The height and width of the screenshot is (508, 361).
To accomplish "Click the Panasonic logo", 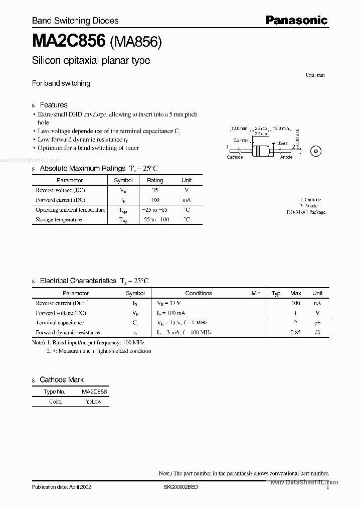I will point(296,20).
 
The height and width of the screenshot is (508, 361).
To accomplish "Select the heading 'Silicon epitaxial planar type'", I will point(91,61).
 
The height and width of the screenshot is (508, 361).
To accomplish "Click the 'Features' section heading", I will point(53,105).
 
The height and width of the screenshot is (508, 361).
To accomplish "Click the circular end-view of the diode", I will point(316,150).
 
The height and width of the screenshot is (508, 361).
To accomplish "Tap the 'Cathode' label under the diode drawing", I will point(235,157).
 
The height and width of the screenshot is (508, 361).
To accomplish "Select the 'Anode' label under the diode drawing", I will point(286,157).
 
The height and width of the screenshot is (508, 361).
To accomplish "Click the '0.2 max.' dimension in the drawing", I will point(241,140).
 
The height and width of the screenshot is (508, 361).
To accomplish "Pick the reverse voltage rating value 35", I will point(155,190).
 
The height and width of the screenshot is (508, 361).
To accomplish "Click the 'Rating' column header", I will point(155,180).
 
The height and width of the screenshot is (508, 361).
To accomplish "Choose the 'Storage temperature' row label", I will point(59,219).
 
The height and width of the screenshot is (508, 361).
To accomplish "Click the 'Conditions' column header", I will point(199,293).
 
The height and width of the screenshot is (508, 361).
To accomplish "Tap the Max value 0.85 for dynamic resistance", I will point(296,332).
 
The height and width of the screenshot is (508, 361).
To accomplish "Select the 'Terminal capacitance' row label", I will point(60,323).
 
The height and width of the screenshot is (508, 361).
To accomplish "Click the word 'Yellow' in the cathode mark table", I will point(94,402).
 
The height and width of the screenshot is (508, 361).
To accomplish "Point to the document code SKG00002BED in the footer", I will point(181,487).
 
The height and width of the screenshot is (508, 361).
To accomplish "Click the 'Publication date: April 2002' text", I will point(62,487).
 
